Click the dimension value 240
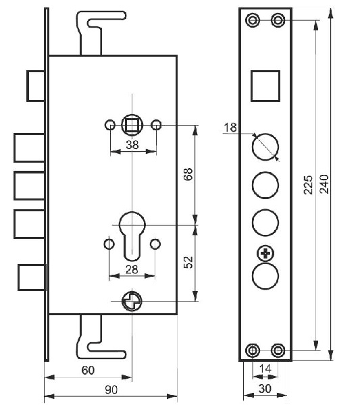(x=324, y=184)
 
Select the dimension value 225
(x=308, y=185)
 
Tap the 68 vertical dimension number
(x=188, y=174)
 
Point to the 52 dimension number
(x=189, y=262)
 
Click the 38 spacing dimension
(x=132, y=144)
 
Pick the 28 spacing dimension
(x=132, y=269)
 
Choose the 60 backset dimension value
(x=88, y=370)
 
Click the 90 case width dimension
(x=111, y=389)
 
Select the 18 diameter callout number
(x=230, y=128)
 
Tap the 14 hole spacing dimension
(x=265, y=369)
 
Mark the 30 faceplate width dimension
(x=265, y=389)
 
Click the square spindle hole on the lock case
(x=132, y=125)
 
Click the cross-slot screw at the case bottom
(x=132, y=301)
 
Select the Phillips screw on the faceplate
(x=265, y=254)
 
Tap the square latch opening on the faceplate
(x=265, y=86)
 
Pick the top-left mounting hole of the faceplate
(x=253, y=20)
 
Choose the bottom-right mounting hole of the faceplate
(x=278, y=350)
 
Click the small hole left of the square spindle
(x=110, y=125)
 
